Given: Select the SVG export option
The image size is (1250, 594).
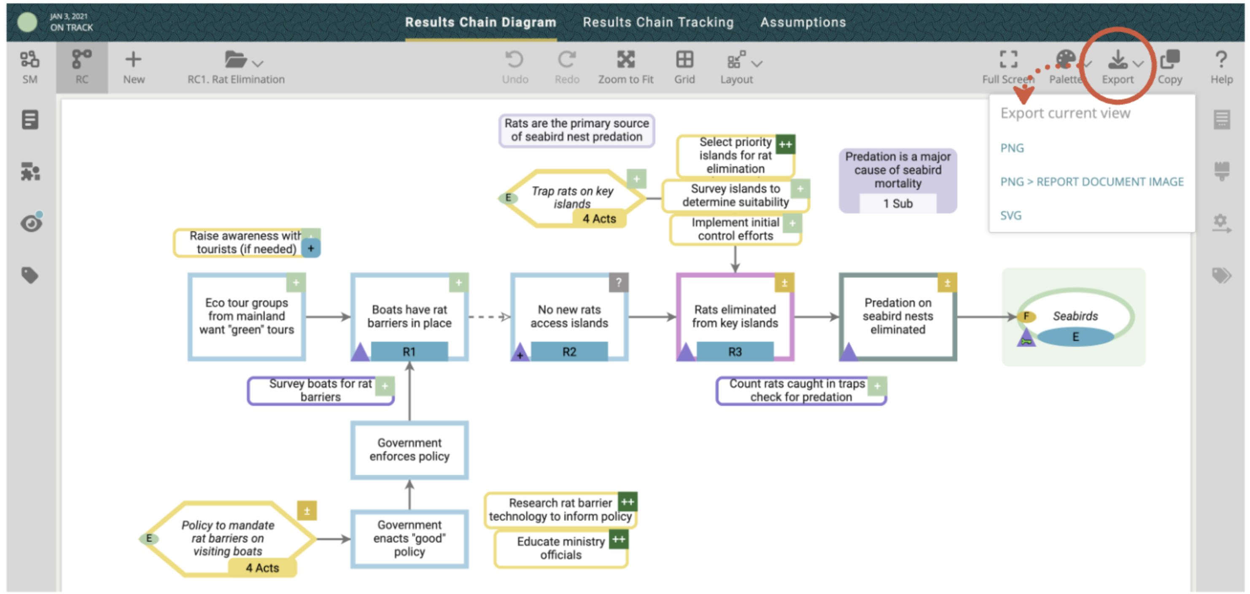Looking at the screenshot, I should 1011,216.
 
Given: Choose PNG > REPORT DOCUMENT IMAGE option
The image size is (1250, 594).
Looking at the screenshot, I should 1092,181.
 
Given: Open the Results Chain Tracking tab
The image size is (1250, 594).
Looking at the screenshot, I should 658,22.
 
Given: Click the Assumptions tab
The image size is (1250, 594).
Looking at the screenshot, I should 803,22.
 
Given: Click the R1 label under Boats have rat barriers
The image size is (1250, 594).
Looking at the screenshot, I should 409,351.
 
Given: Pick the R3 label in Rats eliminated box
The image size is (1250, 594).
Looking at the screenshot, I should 735,351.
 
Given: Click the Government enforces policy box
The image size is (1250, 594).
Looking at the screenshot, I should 409,449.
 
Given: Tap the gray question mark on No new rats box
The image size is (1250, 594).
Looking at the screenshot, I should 618,282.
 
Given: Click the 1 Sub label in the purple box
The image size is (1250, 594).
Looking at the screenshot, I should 898,203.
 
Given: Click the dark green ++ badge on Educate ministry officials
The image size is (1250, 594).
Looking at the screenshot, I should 619,539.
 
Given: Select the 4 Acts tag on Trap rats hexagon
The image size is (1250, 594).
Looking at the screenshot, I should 599,219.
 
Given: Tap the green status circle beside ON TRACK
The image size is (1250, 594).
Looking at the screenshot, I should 27,22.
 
